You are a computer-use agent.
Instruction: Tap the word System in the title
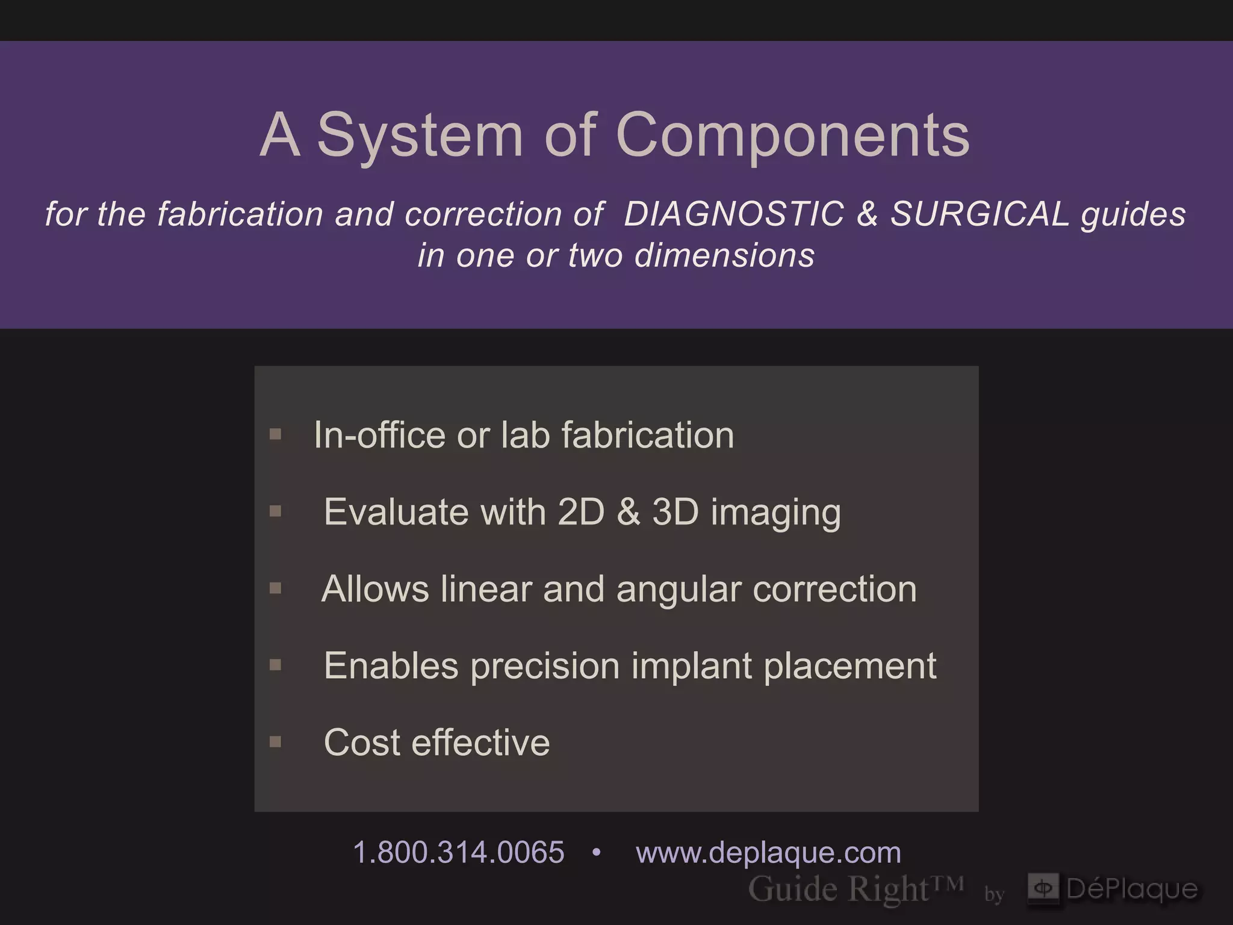point(420,135)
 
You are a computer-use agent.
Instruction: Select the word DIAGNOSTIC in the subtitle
point(733,214)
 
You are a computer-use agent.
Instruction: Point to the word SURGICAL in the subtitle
point(980,214)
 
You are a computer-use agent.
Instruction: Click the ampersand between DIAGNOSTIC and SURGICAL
point(867,214)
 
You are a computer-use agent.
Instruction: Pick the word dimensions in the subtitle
point(724,255)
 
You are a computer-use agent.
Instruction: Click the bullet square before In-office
point(276,434)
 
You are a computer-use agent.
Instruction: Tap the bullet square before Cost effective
point(276,741)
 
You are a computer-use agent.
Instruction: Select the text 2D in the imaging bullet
point(581,512)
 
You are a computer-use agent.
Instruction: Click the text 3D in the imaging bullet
point(676,512)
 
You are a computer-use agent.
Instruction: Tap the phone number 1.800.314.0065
point(459,853)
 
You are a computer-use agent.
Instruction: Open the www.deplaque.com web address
point(768,853)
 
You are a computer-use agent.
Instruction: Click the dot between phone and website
point(596,853)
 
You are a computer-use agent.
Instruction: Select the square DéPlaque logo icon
point(1043,888)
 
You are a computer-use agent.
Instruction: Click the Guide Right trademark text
point(855,889)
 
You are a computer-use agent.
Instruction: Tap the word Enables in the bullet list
point(391,666)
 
